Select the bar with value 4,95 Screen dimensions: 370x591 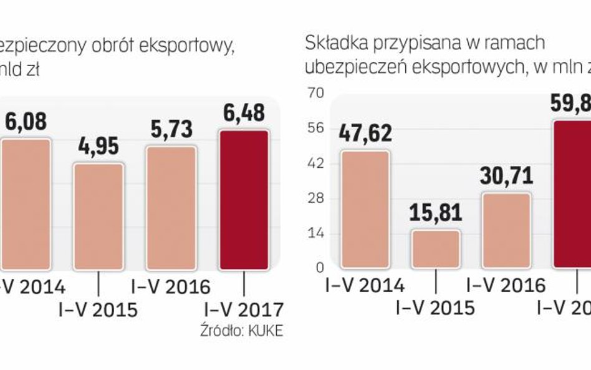98,217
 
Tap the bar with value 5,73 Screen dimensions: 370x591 171,208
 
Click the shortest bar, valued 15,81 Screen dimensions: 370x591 436,250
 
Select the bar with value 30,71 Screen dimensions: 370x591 506,231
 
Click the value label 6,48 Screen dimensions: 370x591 243,113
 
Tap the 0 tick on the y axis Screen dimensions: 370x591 320,268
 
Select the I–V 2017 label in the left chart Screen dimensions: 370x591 243,309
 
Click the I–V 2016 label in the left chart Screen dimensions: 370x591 171,286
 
